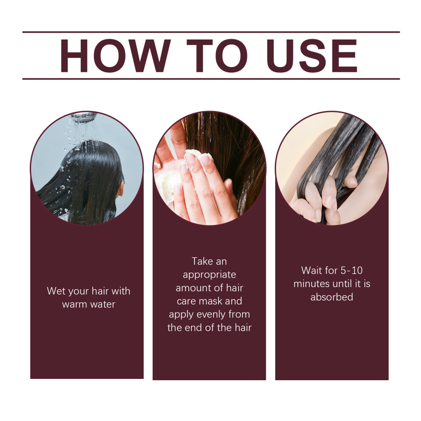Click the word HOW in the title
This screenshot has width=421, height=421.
tap(115, 56)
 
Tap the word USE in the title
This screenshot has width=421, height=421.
tap(311, 56)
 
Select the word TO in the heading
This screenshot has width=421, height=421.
tap(217, 56)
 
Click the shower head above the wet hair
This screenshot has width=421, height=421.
tap(84, 117)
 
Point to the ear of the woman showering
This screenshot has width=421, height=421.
tap(120, 189)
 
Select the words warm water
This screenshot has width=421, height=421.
tap(88, 304)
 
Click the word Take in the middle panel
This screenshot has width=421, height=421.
tap(202, 261)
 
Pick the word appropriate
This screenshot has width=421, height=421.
tap(209, 275)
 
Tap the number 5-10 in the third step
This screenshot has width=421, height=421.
tap(351, 270)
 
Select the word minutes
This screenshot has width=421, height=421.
tap(311, 284)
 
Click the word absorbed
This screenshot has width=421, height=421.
tap(332, 297)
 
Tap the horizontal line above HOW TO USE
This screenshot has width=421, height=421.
tap(211, 32)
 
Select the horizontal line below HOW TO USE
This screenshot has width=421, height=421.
tap(211, 79)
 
